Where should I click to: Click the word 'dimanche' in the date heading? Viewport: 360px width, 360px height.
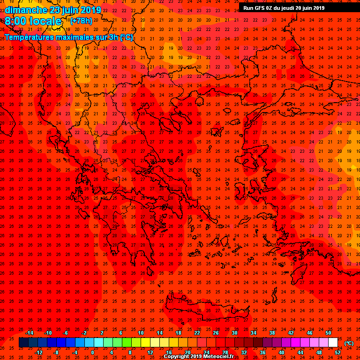tap(24, 9)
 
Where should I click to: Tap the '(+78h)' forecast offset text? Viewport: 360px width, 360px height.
tap(80, 21)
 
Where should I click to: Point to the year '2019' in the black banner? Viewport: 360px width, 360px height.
tap(316, 8)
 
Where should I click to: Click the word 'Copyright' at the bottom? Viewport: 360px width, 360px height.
tap(176, 356)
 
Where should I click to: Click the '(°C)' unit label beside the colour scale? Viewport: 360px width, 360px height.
tap(349, 343)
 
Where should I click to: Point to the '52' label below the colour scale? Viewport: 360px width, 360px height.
tap(337, 352)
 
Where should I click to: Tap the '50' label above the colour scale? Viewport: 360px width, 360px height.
tap(328, 333)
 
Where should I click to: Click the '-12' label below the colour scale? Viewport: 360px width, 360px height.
tap(38, 352)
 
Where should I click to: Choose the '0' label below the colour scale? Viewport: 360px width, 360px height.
tap(92, 352)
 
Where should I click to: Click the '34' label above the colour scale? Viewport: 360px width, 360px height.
tap(253, 333)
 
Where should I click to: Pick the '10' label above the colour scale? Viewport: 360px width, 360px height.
tap(141, 333)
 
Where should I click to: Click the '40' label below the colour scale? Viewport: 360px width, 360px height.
tap(281, 352)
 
